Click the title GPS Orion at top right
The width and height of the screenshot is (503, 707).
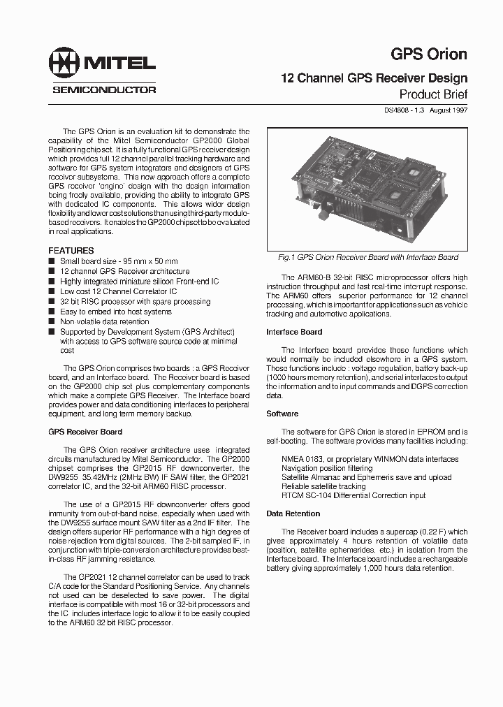point(428,54)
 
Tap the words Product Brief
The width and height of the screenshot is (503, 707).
point(432,94)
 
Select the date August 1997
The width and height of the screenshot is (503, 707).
point(447,110)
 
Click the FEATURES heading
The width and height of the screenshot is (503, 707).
point(71,250)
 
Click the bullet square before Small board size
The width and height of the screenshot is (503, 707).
point(51,261)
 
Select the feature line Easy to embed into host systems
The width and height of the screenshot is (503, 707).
point(115,312)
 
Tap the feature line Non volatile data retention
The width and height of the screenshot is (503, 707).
point(105,321)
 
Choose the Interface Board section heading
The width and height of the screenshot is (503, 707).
point(294,332)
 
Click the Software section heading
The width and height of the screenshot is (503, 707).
point(282,414)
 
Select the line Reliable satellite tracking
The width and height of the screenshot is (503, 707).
point(323,486)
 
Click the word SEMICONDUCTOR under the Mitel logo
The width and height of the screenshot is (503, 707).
point(104,89)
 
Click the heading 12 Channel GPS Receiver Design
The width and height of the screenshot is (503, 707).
point(374,78)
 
